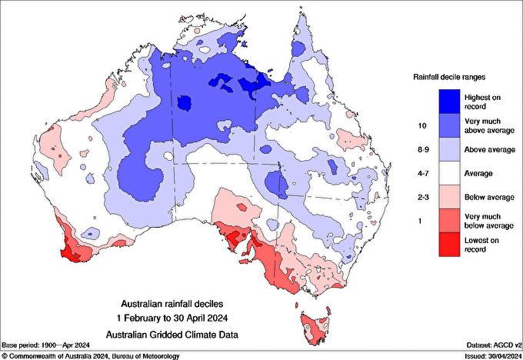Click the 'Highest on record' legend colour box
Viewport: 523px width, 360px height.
[x=449, y=100]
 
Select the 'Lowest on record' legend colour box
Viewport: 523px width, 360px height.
[x=449, y=246]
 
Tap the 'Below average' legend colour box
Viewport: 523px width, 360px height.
[x=449, y=198]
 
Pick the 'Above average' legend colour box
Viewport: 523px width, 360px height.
[x=449, y=148]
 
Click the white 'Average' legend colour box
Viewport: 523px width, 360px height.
[x=449, y=173]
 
